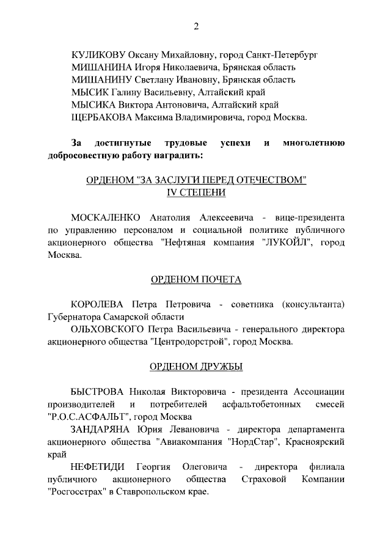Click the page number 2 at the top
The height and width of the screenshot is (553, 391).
[x=195, y=26]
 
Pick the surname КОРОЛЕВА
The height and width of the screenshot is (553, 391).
[x=98, y=304]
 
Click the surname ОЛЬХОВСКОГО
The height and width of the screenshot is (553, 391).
[x=108, y=329]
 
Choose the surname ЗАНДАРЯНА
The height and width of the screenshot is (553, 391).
[x=100, y=430]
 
